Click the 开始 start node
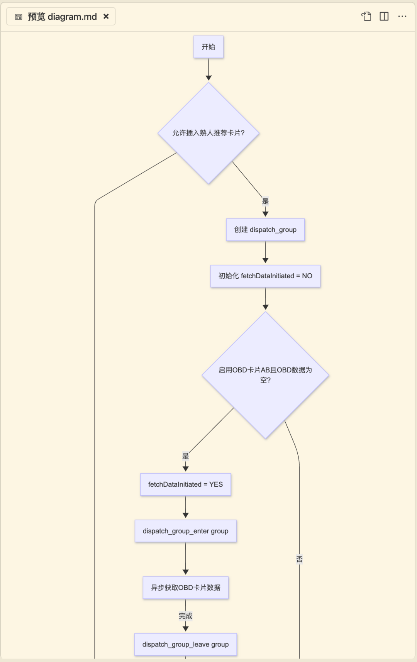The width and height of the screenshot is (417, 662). click(208, 47)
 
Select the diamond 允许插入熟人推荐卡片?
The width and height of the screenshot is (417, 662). click(208, 133)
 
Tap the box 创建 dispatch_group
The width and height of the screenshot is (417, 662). click(265, 230)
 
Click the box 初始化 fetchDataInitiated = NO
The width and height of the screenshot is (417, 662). click(265, 276)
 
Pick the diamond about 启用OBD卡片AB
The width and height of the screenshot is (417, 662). click(265, 375)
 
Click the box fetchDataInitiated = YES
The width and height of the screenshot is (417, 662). click(185, 484)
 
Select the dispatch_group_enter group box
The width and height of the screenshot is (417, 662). click(185, 531)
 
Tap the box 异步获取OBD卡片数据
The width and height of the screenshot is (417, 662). click(185, 588)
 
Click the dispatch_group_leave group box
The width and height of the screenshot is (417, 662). click(185, 644)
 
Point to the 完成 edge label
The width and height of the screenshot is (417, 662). click(185, 616)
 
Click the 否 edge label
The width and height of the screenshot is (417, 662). click(299, 559)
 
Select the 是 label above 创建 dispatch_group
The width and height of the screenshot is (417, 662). click(265, 201)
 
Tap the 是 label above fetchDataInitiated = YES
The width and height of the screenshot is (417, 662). click(185, 456)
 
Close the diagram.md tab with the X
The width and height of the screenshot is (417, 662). click(106, 17)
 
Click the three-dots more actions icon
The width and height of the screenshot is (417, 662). click(402, 16)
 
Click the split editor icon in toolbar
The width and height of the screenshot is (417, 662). click(384, 16)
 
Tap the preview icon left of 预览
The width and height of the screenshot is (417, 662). click(19, 17)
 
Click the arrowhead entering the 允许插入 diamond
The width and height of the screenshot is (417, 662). click(208, 78)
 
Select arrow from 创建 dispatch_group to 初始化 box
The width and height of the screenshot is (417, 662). click(265, 252)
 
